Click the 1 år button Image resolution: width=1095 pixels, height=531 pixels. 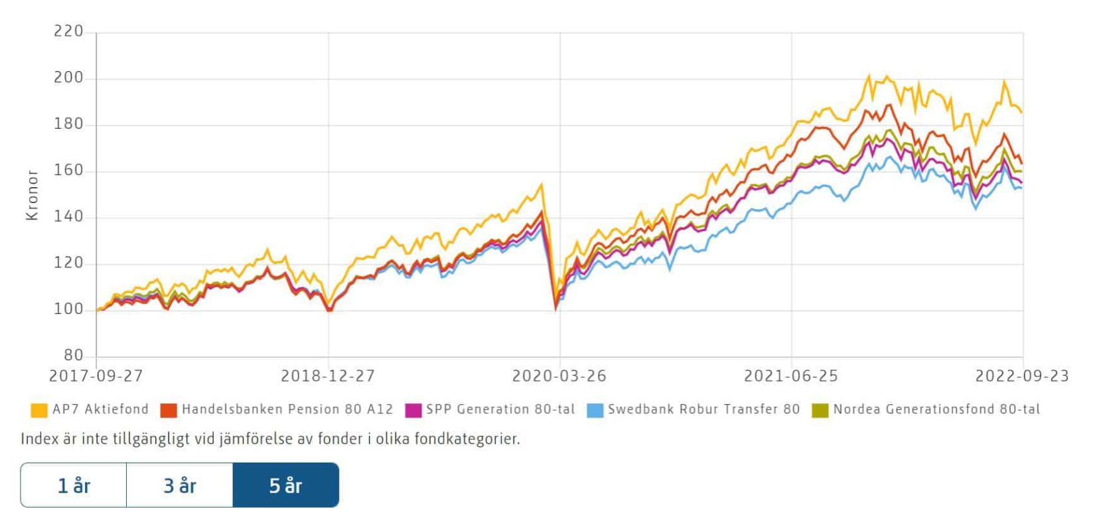coord(74,485)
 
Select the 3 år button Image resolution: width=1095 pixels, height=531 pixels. coord(180,485)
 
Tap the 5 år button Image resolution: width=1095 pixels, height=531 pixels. coord(286,485)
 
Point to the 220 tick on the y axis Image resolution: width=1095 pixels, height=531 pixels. coord(68,31)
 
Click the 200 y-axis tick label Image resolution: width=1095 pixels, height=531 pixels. coord(68,78)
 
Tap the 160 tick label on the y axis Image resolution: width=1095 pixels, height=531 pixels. coord(68,171)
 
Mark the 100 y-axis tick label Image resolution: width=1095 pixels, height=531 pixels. coord(68,309)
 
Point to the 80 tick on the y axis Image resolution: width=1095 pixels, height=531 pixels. coord(74,356)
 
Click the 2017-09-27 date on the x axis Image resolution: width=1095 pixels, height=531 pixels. coord(96,376)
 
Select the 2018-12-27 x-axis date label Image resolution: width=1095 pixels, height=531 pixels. coord(328,376)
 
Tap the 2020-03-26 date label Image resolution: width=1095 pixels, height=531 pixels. coord(559,376)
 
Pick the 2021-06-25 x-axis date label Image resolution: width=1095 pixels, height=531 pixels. coord(791,376)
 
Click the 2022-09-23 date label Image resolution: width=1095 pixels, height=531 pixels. coord(1022,376)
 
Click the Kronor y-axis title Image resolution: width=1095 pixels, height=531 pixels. coord(32,195)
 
